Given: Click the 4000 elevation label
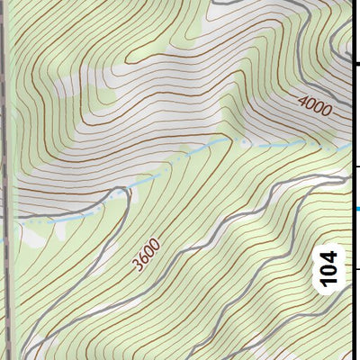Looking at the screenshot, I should pos(316,109).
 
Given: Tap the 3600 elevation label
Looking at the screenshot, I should pos(145,254).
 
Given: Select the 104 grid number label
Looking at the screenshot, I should pos(330,268).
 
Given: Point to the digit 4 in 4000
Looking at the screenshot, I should pos(303,112).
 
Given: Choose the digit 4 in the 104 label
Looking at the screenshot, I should pos(330,255).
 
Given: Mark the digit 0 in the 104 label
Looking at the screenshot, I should pos(330,269).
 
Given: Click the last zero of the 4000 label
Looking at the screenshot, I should pos(328,105).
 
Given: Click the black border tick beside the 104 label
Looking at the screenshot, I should pos(355,268).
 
